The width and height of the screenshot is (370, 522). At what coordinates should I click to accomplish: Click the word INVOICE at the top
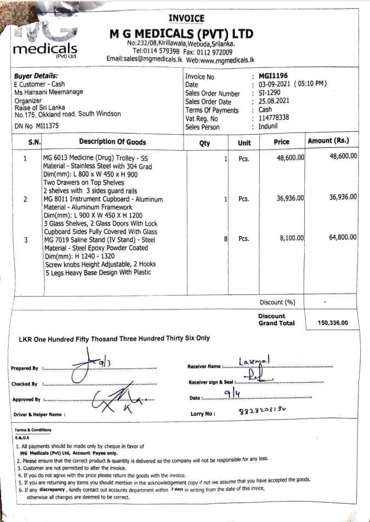(186, 18)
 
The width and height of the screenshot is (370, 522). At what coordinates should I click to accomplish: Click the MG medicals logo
(45, 41)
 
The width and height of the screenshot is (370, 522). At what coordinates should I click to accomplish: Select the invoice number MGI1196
(273, 76)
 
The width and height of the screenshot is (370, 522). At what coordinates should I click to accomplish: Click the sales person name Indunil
(269, 127)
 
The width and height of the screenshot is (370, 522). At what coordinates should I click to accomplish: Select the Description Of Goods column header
(112, 142)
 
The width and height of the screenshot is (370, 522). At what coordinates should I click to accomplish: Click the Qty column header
(204, 143)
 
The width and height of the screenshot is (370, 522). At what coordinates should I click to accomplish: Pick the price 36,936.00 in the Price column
(291, 198)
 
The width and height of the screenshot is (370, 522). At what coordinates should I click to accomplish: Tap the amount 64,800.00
(343, 237)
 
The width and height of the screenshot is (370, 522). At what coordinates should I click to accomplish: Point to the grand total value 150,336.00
(333, 323)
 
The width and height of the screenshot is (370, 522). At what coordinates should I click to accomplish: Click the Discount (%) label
(277, 302)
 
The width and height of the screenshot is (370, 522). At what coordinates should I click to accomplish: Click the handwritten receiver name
(255, 362)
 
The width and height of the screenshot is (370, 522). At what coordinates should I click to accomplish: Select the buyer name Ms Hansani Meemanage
(49, 93)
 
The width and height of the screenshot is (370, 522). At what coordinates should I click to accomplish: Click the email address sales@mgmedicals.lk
(144, 59)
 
